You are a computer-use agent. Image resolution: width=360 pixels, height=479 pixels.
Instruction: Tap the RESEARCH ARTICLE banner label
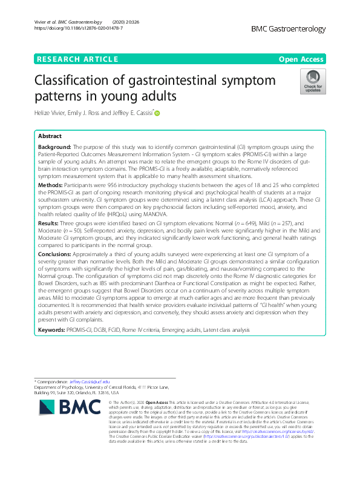click(x=77, y=59)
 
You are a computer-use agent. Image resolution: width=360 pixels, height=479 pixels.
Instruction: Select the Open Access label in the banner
click(x=302, y=59)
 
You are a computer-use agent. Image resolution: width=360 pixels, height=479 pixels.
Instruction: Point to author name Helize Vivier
click(x=53, y=112)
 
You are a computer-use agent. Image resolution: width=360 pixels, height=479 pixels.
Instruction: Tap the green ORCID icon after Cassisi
click(x=157, y=112)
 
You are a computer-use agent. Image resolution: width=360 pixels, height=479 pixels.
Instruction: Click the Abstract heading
click(x=50, y=136)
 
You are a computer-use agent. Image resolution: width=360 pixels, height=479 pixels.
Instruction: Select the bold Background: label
click(x=54, y=147)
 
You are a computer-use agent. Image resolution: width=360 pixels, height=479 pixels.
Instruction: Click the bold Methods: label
click(x=51, y=182)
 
